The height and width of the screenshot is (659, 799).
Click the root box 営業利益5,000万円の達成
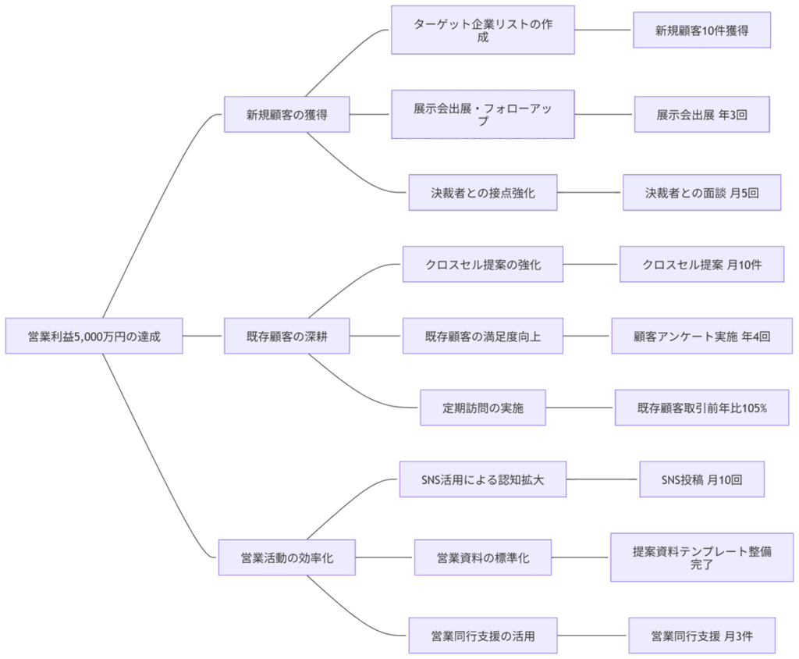[94, 336]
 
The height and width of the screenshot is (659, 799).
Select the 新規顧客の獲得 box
[286, 115]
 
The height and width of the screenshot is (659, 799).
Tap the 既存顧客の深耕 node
[286, 336]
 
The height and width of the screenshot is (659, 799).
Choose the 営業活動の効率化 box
[286, 557]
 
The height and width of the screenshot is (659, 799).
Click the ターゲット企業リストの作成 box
[482, 30]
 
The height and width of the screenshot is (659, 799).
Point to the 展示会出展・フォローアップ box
[482, 114]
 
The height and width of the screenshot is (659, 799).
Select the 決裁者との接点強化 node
[482, 192]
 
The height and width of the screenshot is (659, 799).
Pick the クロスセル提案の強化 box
[482, 264]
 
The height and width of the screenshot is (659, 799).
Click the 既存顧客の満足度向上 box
[482, 336]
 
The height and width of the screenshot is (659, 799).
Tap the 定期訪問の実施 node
[482, 408]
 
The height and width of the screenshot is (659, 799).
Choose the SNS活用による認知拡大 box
[482, 479]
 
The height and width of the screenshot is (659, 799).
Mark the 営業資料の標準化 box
[482, 557]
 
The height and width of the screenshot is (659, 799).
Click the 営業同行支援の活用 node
[482, 636]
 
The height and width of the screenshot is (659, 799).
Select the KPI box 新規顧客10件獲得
[701, 30]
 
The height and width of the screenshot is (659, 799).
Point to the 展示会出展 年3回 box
[701, 115]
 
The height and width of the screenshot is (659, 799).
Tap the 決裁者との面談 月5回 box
[701, 192]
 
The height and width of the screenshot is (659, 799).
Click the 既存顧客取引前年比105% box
[701, 408]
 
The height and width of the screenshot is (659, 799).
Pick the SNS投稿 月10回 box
[701, 479]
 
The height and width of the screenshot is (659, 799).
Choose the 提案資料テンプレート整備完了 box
[701, 557]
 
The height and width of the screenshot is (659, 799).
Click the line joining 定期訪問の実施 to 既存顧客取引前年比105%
[580, 408]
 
